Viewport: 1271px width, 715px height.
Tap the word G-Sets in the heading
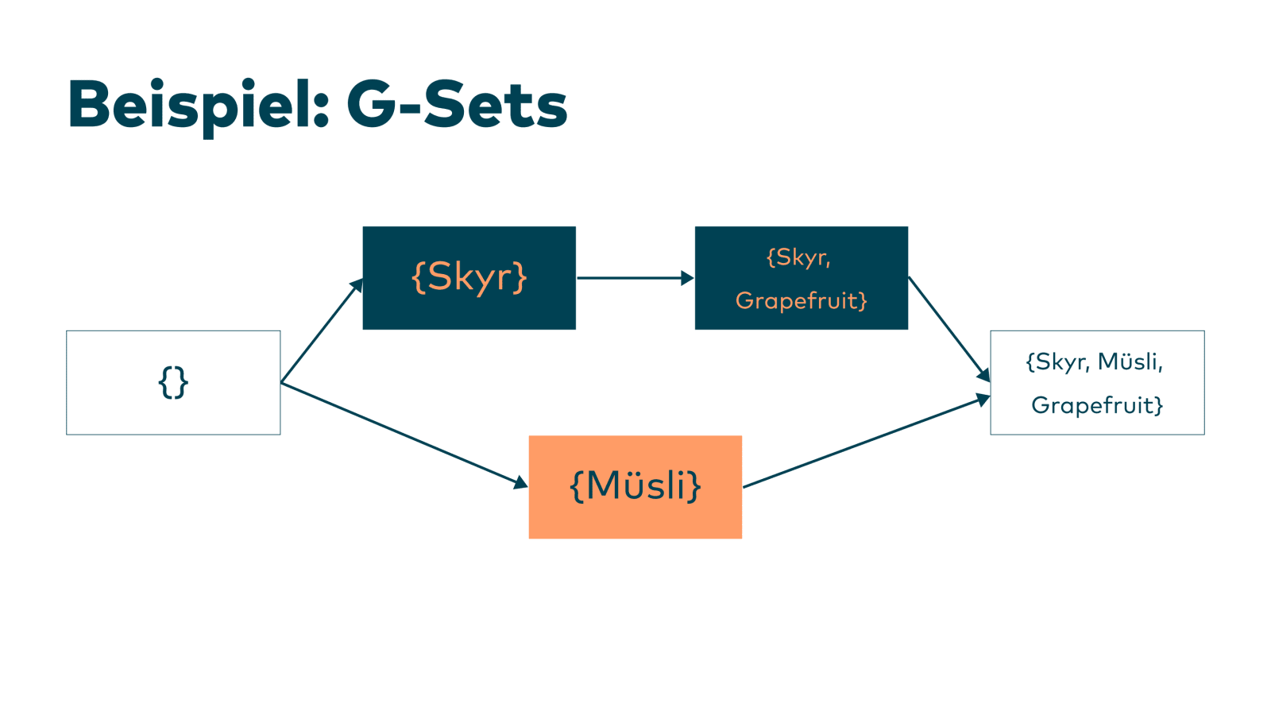coord(458,105)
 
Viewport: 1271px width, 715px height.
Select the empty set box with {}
coord(173,382)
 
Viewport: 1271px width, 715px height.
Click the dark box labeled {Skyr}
coord(469,278)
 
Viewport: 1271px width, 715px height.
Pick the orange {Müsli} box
coord(635,487)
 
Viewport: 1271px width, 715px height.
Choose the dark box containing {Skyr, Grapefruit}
coord(802,278)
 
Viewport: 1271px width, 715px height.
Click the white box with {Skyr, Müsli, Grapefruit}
coord(1097,382)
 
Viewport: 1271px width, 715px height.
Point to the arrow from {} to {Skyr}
coord(322,330)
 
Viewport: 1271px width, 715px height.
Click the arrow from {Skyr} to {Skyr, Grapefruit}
coord(635,278)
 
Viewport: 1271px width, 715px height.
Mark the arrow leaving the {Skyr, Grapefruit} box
coord(949,329)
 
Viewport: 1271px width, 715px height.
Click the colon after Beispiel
coord(321,111)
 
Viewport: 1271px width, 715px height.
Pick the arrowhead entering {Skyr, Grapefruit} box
coord(688,278)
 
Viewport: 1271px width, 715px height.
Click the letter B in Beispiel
coord(88,104)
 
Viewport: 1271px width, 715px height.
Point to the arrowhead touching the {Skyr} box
coord(357,285)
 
